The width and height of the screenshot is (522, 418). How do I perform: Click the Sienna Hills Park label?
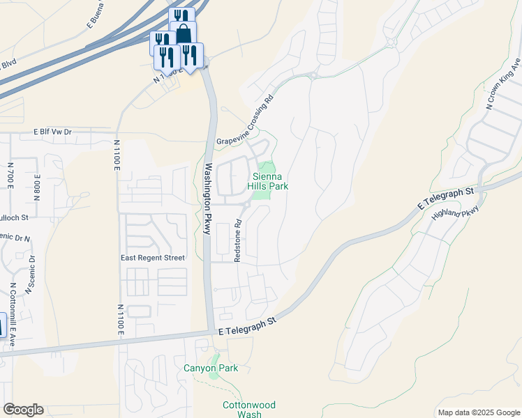[269, 181]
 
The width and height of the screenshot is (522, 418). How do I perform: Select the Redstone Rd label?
[238, 241]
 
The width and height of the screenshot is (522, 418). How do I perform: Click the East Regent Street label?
[152, 258]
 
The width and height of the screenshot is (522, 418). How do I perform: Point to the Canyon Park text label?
[211, 369]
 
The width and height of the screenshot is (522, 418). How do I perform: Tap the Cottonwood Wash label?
[249, 410]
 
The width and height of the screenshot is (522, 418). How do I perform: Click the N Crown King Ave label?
[504, 84]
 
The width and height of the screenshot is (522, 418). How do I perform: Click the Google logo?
[23, 410]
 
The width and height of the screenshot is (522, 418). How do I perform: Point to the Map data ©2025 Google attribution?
[479, 412]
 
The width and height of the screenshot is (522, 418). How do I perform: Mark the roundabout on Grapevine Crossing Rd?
[313, 75]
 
